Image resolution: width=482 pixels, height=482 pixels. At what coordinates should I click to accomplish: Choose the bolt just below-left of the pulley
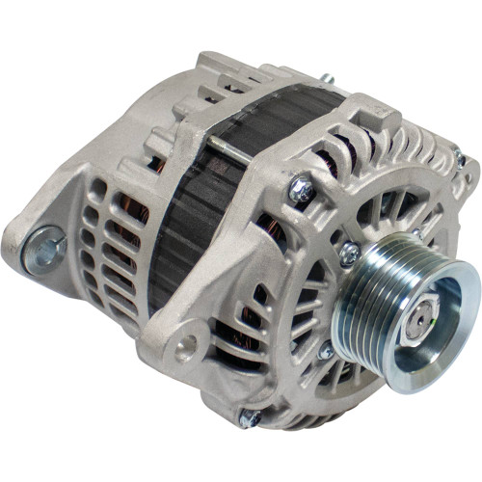pyautogui.click(x=325, y=352)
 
